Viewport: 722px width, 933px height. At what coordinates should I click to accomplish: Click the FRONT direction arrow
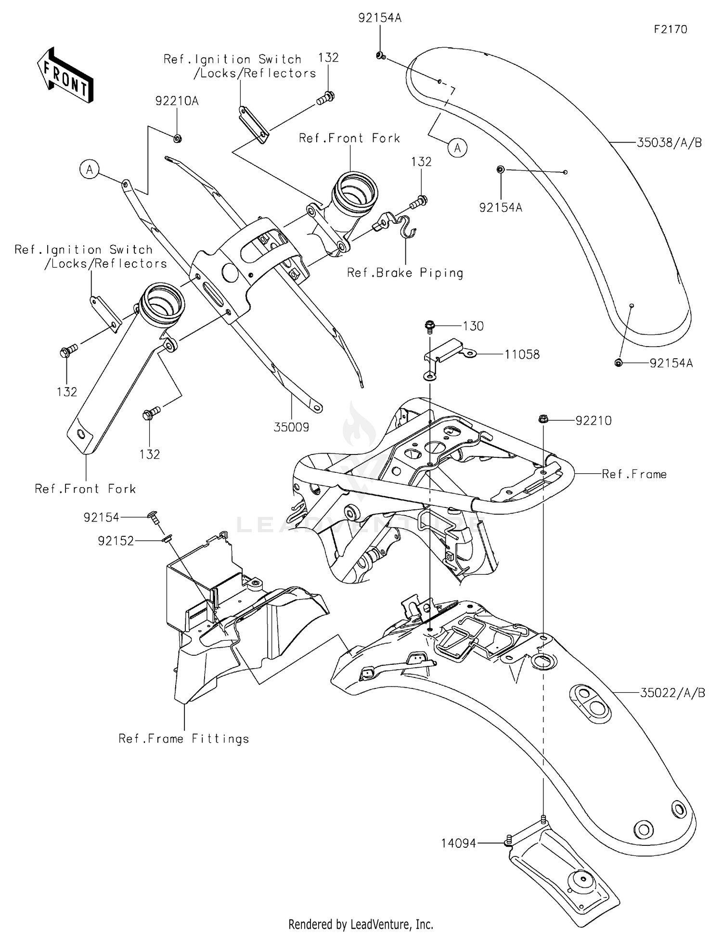point(65,75)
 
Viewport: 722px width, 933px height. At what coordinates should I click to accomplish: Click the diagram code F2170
point(670,29)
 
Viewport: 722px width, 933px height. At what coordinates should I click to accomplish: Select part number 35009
point(291,427)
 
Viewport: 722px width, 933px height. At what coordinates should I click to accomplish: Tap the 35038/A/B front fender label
point(669,143)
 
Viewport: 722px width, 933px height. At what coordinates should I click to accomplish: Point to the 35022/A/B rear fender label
point(672,693)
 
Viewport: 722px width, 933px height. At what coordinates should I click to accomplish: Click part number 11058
point(522,354)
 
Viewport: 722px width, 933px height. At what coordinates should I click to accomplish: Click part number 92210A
point(177,101)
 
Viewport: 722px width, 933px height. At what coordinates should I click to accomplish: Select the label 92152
point(116,541)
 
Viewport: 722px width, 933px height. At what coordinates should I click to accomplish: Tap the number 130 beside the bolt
point(473,326)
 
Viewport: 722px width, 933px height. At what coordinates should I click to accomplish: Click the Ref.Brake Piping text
point(405,273)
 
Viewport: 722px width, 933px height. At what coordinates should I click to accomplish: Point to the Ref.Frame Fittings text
point(184,739)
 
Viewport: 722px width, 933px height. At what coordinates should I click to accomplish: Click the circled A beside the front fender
point(457,147)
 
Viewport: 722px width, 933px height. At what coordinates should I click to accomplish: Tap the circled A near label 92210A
point(90,169)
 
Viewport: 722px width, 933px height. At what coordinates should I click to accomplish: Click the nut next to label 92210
point(542,419)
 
